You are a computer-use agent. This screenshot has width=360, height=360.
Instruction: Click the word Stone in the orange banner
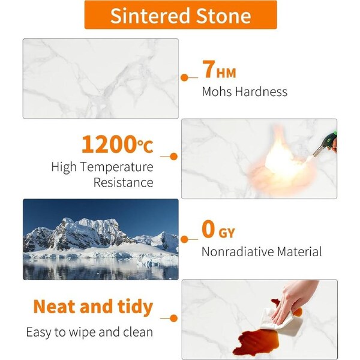(x=223, y=16)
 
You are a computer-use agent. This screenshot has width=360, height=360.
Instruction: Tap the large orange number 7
(x=209, y=69)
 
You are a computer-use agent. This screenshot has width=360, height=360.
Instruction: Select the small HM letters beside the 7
(x=226, y=73)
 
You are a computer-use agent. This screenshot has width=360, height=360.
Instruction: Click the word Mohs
(x=217, y=91)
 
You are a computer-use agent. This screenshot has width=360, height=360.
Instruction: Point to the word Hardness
(x=261, y=91)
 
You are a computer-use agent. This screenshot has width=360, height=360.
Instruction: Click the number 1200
(x=109, y=144)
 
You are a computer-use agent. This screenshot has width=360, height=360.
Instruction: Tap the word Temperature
(x=117, y=167)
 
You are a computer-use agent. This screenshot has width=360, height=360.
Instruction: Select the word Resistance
(x=123, y=183)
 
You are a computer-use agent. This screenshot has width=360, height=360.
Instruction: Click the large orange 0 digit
(x=208, y=229)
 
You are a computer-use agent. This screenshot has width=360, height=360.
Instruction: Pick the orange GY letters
(x=227, y=233)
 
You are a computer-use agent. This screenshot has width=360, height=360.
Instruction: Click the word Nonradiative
(x=238, y=251)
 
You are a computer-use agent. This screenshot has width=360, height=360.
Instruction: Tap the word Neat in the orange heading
(x=55, y=307)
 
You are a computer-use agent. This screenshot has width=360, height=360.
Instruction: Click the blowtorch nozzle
(x=319, y=151)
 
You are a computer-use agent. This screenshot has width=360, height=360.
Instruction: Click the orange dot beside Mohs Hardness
(x=184, y=77)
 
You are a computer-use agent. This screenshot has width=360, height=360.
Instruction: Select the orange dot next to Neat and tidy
(x=174, y=319)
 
